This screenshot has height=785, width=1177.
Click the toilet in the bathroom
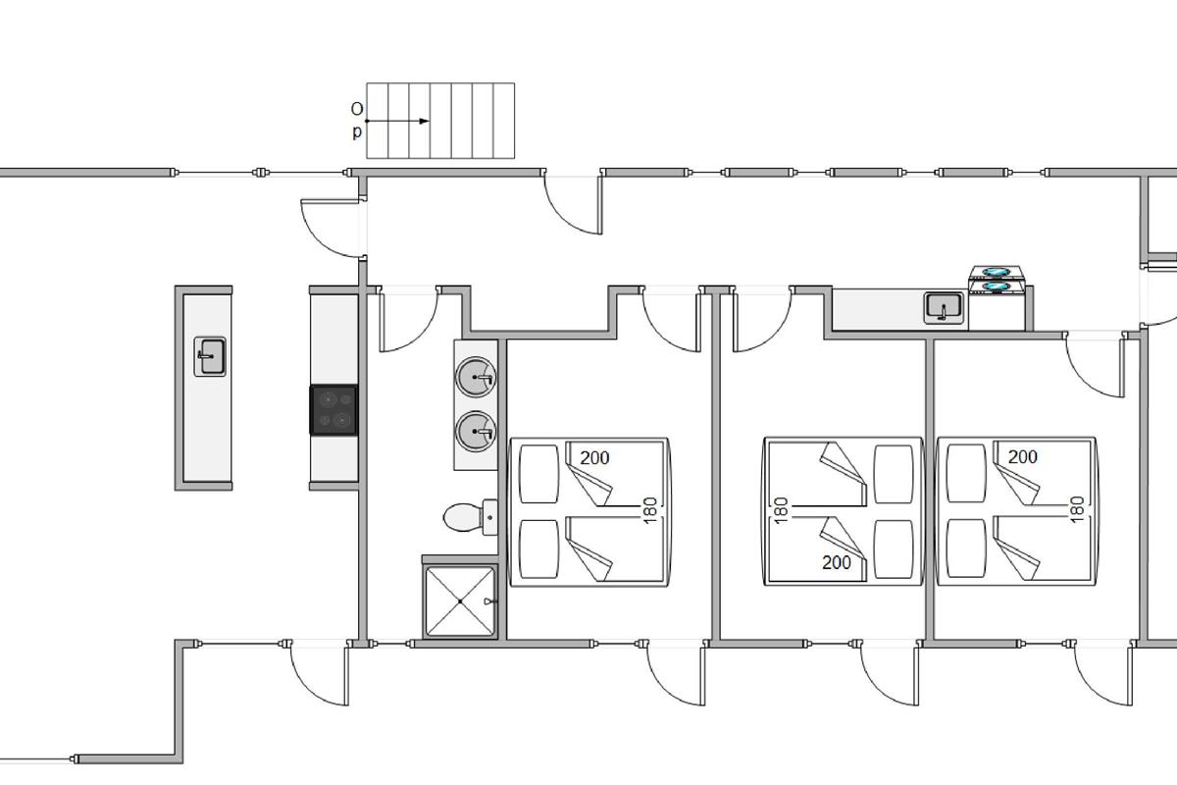[470, 517]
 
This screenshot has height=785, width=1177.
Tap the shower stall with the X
[460, 601]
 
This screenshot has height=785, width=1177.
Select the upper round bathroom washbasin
[476, 377]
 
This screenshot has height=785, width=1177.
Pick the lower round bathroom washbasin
[476, 431]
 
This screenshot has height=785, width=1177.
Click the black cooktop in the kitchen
[333, 410]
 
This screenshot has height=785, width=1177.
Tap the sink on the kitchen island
[210, 356]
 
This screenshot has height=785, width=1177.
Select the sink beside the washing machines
[944, 308]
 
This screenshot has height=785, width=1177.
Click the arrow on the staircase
[398, 121]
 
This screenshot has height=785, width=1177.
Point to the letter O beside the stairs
[357, 109]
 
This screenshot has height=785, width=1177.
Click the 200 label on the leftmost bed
[594, 458]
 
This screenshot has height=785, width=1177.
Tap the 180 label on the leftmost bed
[650, 510]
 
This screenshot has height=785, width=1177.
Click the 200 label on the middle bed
[837, 562]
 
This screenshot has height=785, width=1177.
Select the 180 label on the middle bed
[782, 510]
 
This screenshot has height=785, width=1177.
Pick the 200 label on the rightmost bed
[1022, 457]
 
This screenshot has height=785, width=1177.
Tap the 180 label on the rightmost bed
[1077, 509]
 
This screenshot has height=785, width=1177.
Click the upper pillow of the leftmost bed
[538, 474]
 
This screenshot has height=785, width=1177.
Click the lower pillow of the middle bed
[894, 549]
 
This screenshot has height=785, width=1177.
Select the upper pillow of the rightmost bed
[966, 473]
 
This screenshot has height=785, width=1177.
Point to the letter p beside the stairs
[357, 131]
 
